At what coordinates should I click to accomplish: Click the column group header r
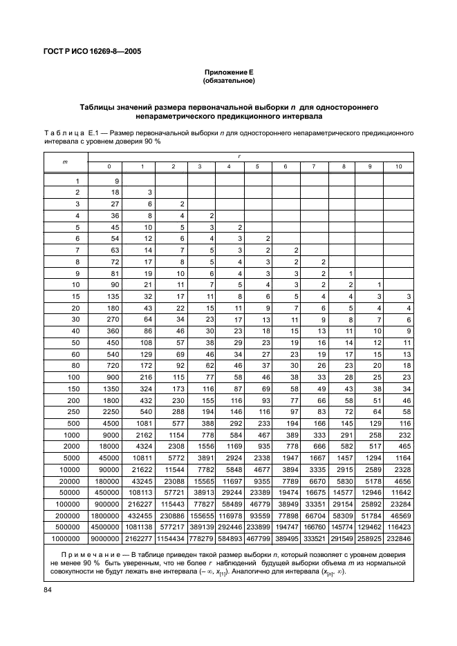coord(239,157)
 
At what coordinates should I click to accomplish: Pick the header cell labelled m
coord(66,161)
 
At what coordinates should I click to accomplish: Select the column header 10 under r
coord(398,166)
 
